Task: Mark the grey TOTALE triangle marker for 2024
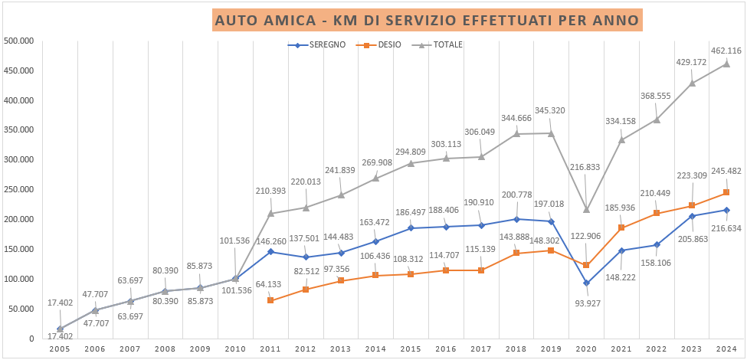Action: point(726,64)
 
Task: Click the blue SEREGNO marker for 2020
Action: point(586,283)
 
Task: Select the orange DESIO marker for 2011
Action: point(270,300)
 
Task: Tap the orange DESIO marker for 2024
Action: point(726,192)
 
